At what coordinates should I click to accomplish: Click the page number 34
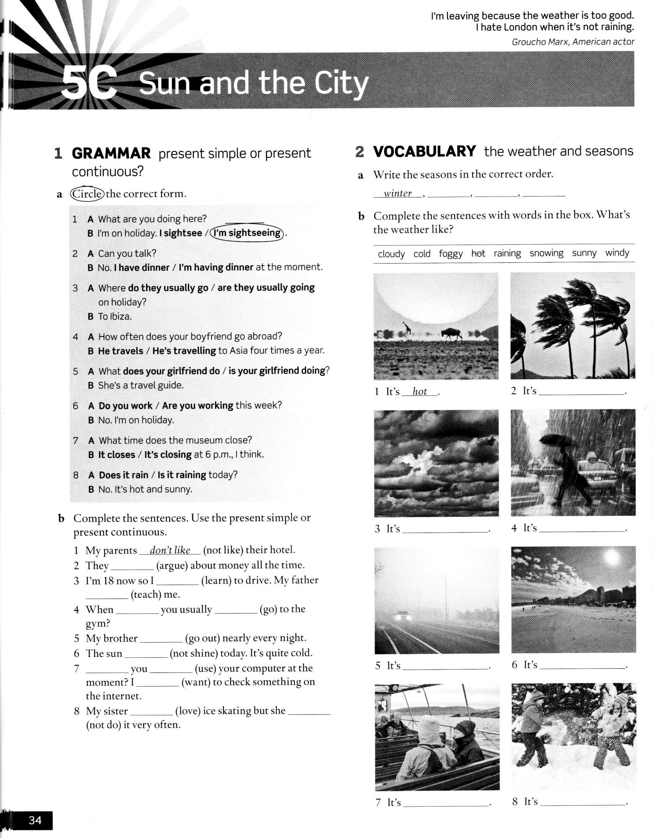coord(35,820)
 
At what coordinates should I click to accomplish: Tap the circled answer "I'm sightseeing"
coord(247,233)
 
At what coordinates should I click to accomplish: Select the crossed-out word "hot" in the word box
coord(478,253)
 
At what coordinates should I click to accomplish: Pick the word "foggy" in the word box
coord(450,253)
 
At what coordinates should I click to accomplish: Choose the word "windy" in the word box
coord(617,253)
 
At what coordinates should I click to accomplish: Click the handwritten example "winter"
coord(398,194)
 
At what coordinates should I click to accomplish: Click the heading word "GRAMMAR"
coord(111,153)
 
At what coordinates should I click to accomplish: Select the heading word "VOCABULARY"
coord(424,151)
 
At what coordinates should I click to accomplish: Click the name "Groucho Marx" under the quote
coord(540,42)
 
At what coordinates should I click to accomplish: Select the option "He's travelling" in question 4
coord(184,351)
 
